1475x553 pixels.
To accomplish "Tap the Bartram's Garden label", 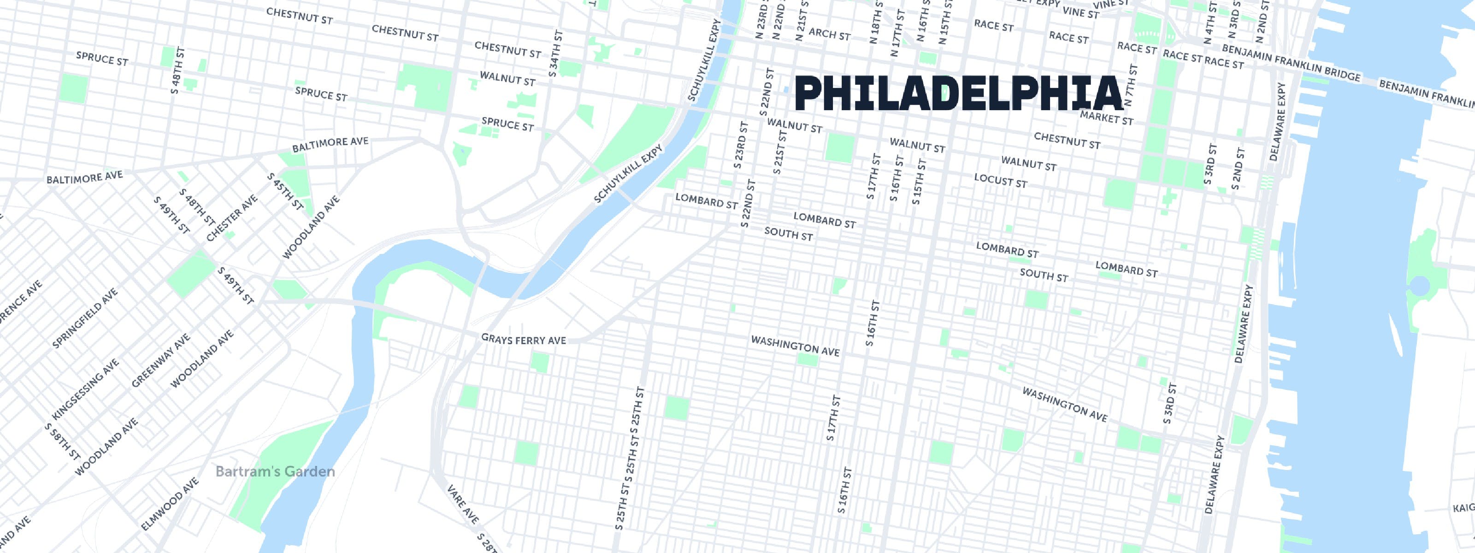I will pos(275,472).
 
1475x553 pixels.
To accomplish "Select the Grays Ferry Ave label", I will pos(523,340).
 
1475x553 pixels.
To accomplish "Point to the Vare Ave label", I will pos(463,503).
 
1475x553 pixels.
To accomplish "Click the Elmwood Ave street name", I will pos(170,504).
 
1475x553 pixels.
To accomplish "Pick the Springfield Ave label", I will pos(85,319).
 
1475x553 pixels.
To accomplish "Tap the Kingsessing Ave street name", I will pos(86,389).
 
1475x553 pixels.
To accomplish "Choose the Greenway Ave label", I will pos(160,361).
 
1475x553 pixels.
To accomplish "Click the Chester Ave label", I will pos(232,218).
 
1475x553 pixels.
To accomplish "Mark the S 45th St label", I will pos(284,192).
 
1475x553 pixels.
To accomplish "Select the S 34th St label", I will pos(555,53).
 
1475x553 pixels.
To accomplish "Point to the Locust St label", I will pos(1000,181).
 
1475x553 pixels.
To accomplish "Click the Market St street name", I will pos(1106,118).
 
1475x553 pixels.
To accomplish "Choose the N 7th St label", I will pos(1130,86).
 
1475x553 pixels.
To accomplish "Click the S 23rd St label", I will pos(740,145).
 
